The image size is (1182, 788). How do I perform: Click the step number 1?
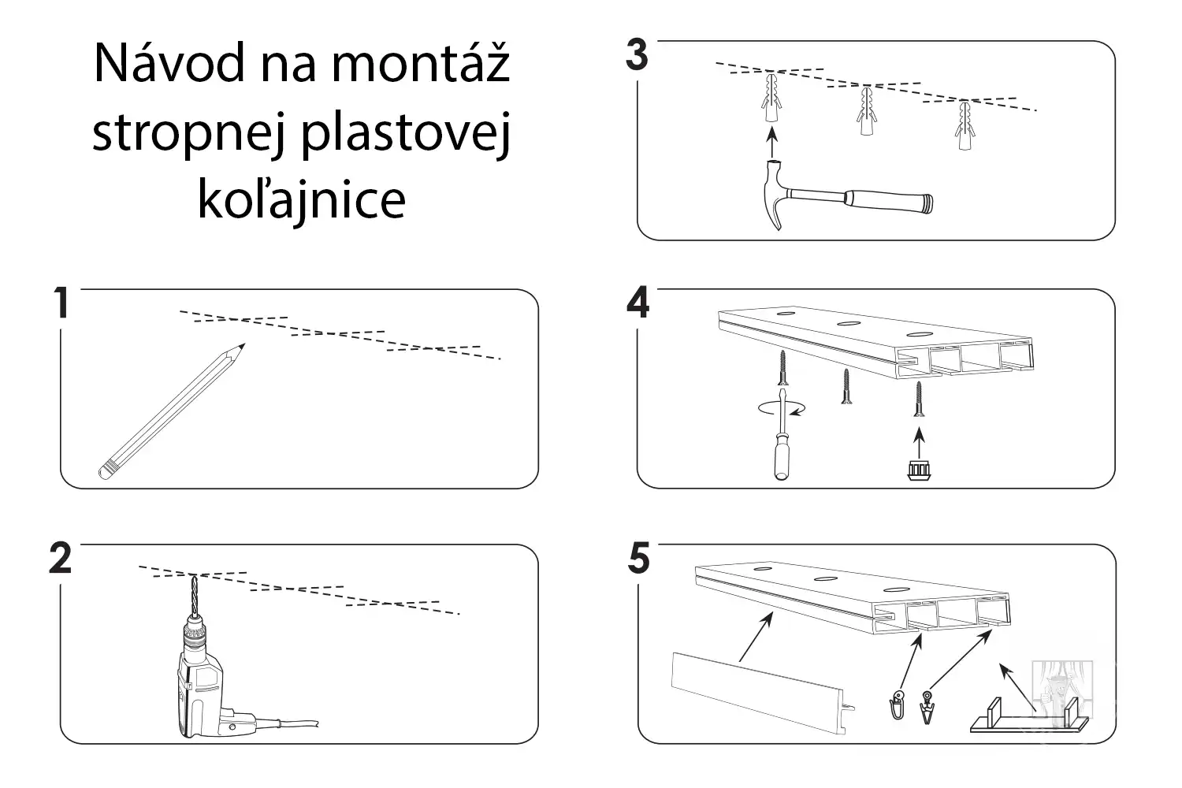click(x=61, y=303)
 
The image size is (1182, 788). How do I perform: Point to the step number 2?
click(x=61, y=559)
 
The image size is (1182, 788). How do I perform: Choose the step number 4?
click(x=637, y=303)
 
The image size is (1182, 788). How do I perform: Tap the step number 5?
click(x=638, y=559)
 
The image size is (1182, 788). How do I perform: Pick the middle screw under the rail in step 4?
click(x=846, y=387)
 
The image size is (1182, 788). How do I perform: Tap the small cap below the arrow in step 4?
click(x=917, y=470)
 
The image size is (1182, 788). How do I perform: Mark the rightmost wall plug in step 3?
click(x=964, y=125)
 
